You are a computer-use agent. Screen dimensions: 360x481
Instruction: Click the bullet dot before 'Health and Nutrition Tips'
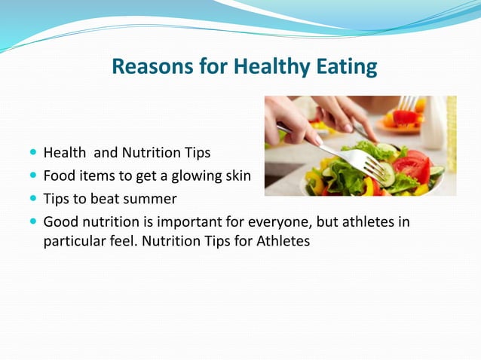tap(33, 153)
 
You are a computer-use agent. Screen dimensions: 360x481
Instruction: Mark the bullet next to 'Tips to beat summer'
tap(33, 200)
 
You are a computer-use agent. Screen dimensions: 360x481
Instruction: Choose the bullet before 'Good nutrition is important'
tap(33, 222)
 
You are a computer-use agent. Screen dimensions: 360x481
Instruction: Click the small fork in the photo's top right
tap(408, 102)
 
